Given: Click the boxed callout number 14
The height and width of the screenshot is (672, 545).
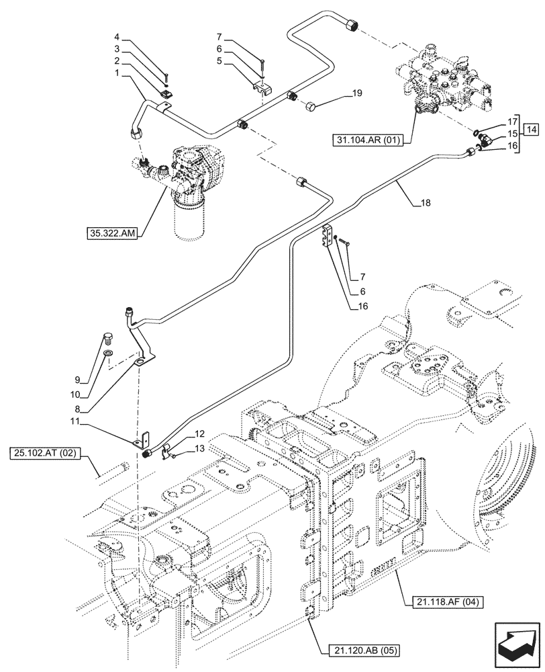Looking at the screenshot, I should [530, 128].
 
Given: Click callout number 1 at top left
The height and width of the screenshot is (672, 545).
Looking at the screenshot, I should [117, 72].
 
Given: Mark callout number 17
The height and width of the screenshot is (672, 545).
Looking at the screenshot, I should [513, 122].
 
